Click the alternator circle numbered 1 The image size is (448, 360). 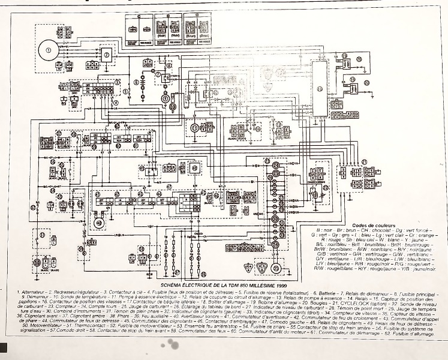click(47, 49)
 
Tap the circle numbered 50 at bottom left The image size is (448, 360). click(38, 263)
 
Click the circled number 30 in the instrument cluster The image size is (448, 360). click(275, 164)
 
